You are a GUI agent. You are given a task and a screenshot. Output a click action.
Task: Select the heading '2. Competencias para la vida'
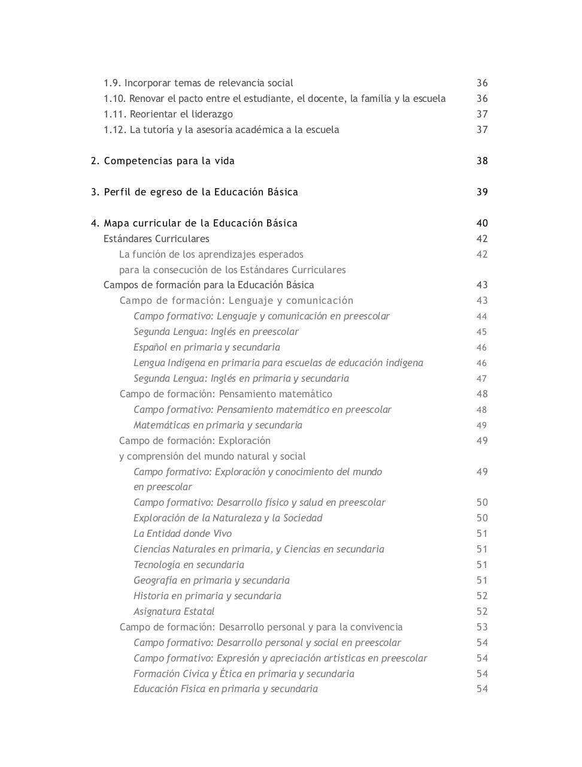coord(163,161)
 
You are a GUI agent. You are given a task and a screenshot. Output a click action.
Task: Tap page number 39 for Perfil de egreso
coord(482,192)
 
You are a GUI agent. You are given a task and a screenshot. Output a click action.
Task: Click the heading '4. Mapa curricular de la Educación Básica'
coord(194,224)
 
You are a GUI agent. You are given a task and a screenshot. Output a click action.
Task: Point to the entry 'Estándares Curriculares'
coord(156,239)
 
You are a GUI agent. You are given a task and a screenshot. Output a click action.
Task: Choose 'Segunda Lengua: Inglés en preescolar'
coord(216,332)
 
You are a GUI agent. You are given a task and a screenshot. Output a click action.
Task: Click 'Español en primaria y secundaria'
coord(207,348)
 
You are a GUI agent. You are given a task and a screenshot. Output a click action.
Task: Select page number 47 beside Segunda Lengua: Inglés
coord(482,379)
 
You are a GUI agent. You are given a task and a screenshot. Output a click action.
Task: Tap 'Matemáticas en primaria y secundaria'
coord(217,425)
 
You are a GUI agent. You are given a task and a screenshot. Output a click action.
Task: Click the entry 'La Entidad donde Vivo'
coord(183,534)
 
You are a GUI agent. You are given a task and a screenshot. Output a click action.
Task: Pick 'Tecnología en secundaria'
coord(189,565)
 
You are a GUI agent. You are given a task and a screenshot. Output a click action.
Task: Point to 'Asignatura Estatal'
coord(174,612)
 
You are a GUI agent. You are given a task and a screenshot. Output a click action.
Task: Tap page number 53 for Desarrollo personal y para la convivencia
coord(482,627)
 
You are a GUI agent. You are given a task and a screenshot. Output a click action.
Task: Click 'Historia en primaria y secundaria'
coord(207,596)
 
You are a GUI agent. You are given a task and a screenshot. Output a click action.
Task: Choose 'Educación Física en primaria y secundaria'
coord(225,689)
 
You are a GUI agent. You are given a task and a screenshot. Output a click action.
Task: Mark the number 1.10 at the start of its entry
coord(114,99)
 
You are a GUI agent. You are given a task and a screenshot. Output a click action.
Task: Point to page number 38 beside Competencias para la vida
coord(482,161)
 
